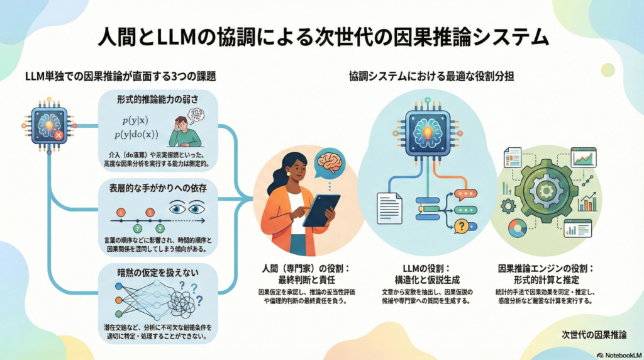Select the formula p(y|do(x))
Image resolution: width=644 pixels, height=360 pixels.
pos(136,134)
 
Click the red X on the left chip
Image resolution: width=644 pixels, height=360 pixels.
pos(58,134)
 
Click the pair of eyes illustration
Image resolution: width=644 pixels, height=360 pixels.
pos(188,206)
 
